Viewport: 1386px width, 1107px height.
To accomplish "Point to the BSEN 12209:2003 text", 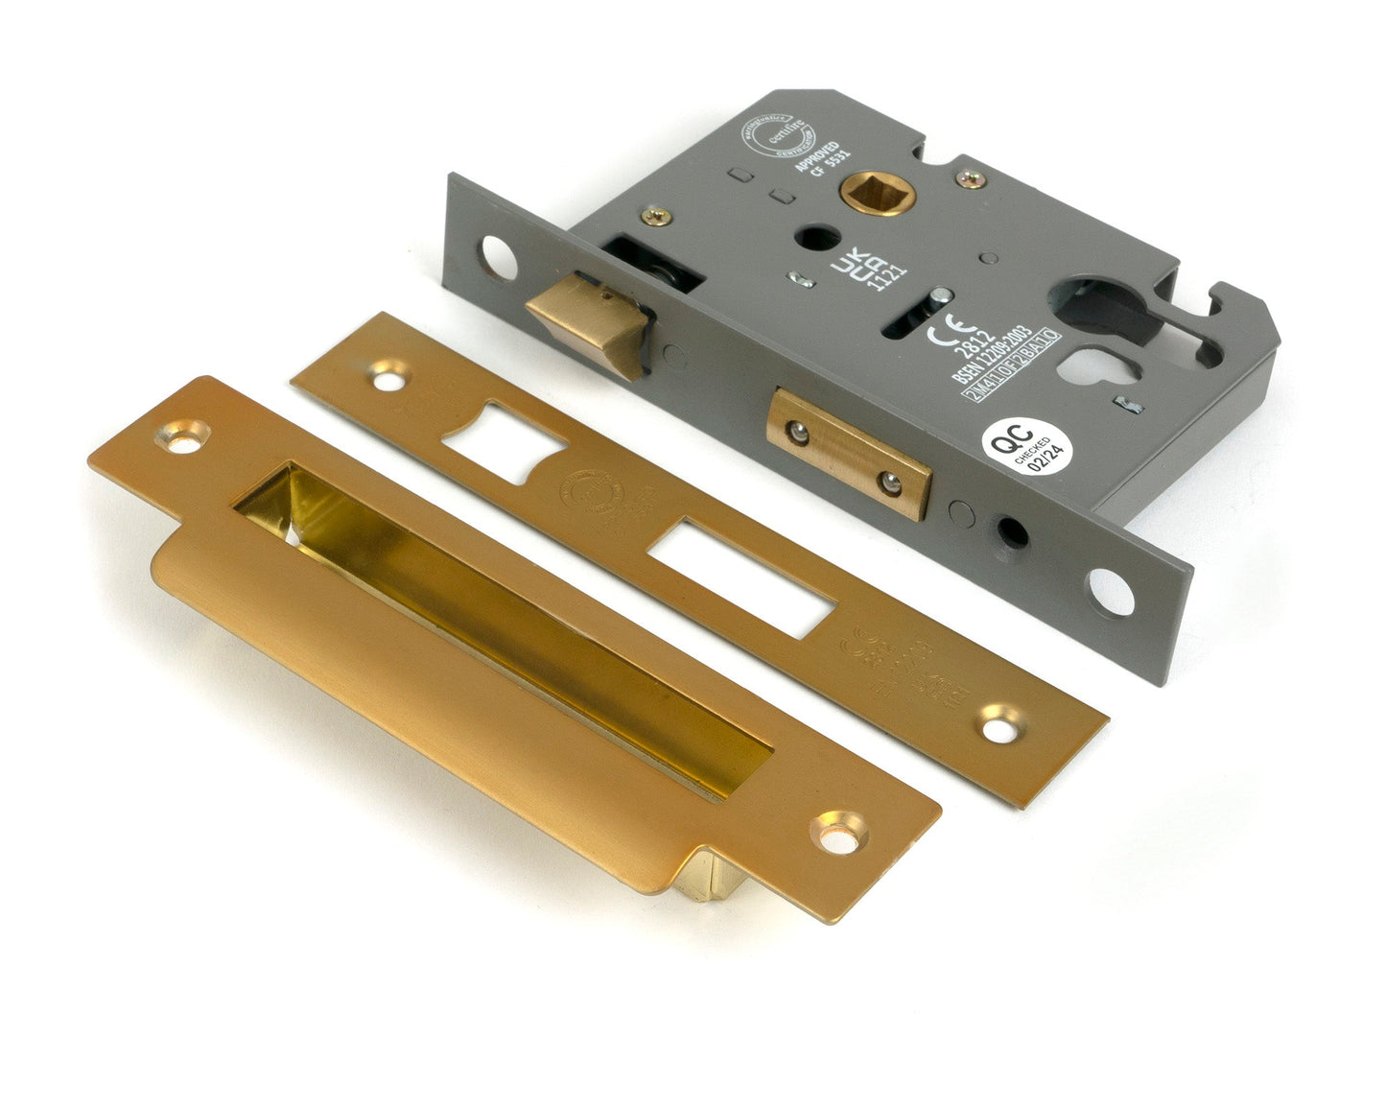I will pos(991,356).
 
